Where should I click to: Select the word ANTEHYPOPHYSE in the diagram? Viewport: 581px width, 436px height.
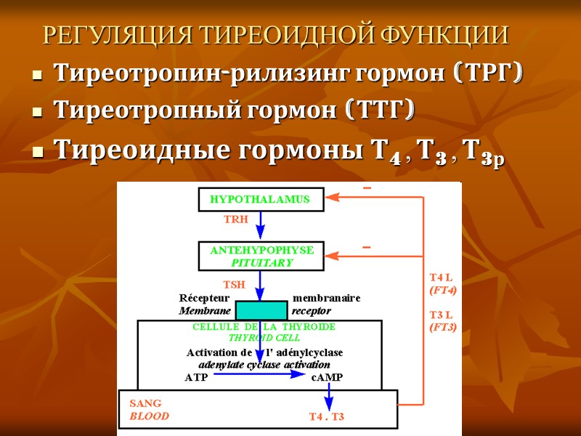(x=261, y=250)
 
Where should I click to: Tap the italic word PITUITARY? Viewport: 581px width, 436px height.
(x=261, y=262)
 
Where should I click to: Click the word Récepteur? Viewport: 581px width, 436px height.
(x=204, y=298)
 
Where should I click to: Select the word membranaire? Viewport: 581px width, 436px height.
(x=326, y=298)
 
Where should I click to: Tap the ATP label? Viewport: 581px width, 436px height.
(x=196, y=378)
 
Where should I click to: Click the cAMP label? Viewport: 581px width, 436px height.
(x=327, y=378)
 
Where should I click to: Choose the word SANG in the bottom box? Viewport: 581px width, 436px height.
(x=145, y=403)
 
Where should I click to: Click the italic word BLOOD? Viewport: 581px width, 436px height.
(x=149, y=416)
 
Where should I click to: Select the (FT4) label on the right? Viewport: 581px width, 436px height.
(x=443, y=290)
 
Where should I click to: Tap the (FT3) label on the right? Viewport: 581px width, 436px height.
(x=443, y=327)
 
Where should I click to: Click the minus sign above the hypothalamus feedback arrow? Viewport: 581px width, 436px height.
(x=367, y=189)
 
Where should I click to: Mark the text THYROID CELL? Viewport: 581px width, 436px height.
(x=264, y=338)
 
